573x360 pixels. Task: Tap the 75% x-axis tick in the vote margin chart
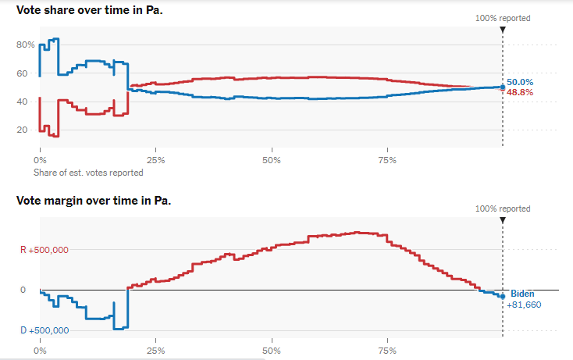pos(386,351)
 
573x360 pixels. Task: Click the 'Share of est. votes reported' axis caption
pos(88,173)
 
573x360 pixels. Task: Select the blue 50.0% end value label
pos(520,82)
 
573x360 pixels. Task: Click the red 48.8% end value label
pos(520,92)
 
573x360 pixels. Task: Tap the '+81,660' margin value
pos(524,304)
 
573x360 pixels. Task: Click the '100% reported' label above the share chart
pos(503,18)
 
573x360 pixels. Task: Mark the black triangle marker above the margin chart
pos(502,220)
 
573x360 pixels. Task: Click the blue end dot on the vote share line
pos(502,87)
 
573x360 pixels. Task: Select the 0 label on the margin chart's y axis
pos(23,290)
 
